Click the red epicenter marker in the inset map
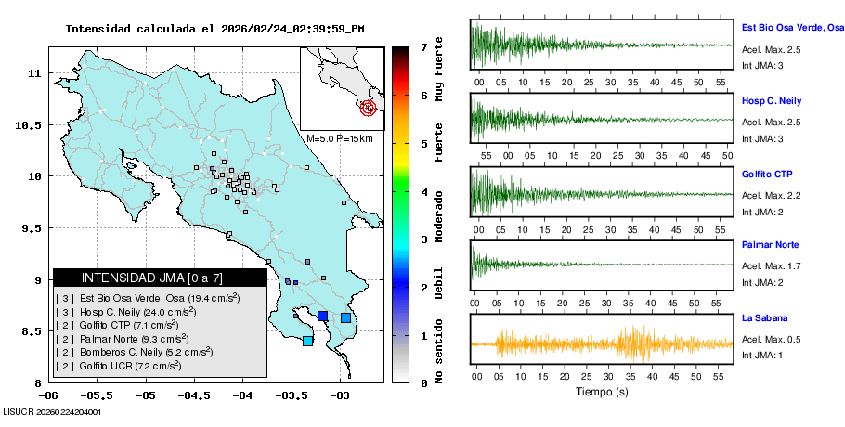click(x=369, y=108)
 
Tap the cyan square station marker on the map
click(x=307, y=341)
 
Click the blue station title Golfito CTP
click(x=767, y=174)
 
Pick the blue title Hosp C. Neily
click(x=772, y=100)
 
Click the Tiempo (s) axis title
click(x=603, y=392)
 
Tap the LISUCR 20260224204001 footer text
click(x=52, y=410)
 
